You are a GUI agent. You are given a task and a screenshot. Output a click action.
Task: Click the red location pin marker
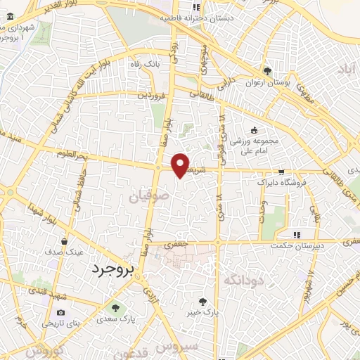181,165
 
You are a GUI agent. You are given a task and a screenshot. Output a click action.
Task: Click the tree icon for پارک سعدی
115,308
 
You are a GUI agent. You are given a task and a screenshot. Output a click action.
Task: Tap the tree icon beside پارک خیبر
203,300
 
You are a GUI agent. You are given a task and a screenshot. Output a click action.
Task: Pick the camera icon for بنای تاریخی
60,313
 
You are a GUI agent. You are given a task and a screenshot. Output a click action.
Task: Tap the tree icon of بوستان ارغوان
267,71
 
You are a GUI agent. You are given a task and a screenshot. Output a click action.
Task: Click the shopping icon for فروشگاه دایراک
281,171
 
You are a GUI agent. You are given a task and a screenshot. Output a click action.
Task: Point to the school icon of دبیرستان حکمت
297,234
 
